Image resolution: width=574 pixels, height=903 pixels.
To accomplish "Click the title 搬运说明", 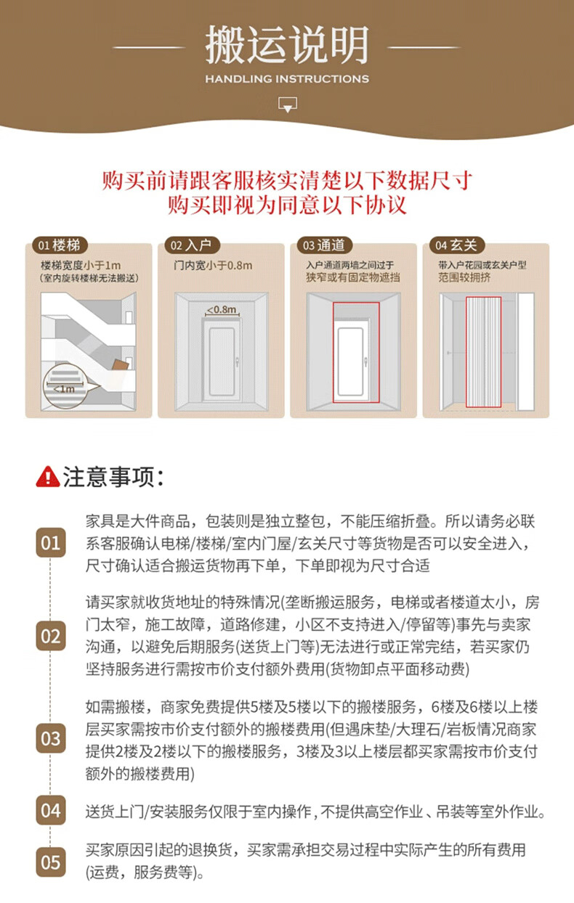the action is pyautogui.click(x=287, y=44).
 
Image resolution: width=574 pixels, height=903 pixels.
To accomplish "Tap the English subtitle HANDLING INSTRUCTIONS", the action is pyautogui.click(x=287, y=78).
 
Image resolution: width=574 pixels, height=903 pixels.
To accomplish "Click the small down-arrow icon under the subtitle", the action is pyautogui.click(x=287, y=105).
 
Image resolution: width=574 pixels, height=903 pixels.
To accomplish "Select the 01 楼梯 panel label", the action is pyautogui.click(x=60, y=245).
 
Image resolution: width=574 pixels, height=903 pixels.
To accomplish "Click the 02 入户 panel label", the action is pyautogui.click(x=192, y=245).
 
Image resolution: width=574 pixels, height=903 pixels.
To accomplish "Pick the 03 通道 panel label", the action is pyautogui.click(x=324, y=245).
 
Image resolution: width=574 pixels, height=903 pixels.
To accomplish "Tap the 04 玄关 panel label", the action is pyautogui.click(x=457, y=245).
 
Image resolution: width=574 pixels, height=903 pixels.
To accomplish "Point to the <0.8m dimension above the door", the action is pyautogui.click(x=222, y=310).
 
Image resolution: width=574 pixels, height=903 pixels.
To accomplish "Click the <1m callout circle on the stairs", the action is pyautogui.click(x=65, y=385).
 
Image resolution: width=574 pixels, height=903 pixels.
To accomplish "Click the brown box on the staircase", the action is pyautogui.click(x=120, y=365).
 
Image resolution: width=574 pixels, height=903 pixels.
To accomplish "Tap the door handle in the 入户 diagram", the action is pyautogui.click(x=238, y=361).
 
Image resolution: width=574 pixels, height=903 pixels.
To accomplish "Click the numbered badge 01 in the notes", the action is pyautogui.click(x=51, y=543).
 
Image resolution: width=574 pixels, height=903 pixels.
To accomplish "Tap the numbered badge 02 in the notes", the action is pyautogui.click(x=51, y=636).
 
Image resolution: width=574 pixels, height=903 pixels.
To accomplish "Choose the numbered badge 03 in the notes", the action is pyautogui.click(x=51, y=738).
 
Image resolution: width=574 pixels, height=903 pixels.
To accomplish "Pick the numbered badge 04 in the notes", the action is pyautogui.click(x=51, y=810).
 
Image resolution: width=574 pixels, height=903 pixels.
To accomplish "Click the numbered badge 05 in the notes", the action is pyautogui.click(x=51, y=862).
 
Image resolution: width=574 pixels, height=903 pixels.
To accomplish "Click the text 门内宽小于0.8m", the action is pyautogui.click(x=213, y=265).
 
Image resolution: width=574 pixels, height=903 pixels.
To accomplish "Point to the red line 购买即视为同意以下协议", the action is pyautogui.click(x=287, y=205).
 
